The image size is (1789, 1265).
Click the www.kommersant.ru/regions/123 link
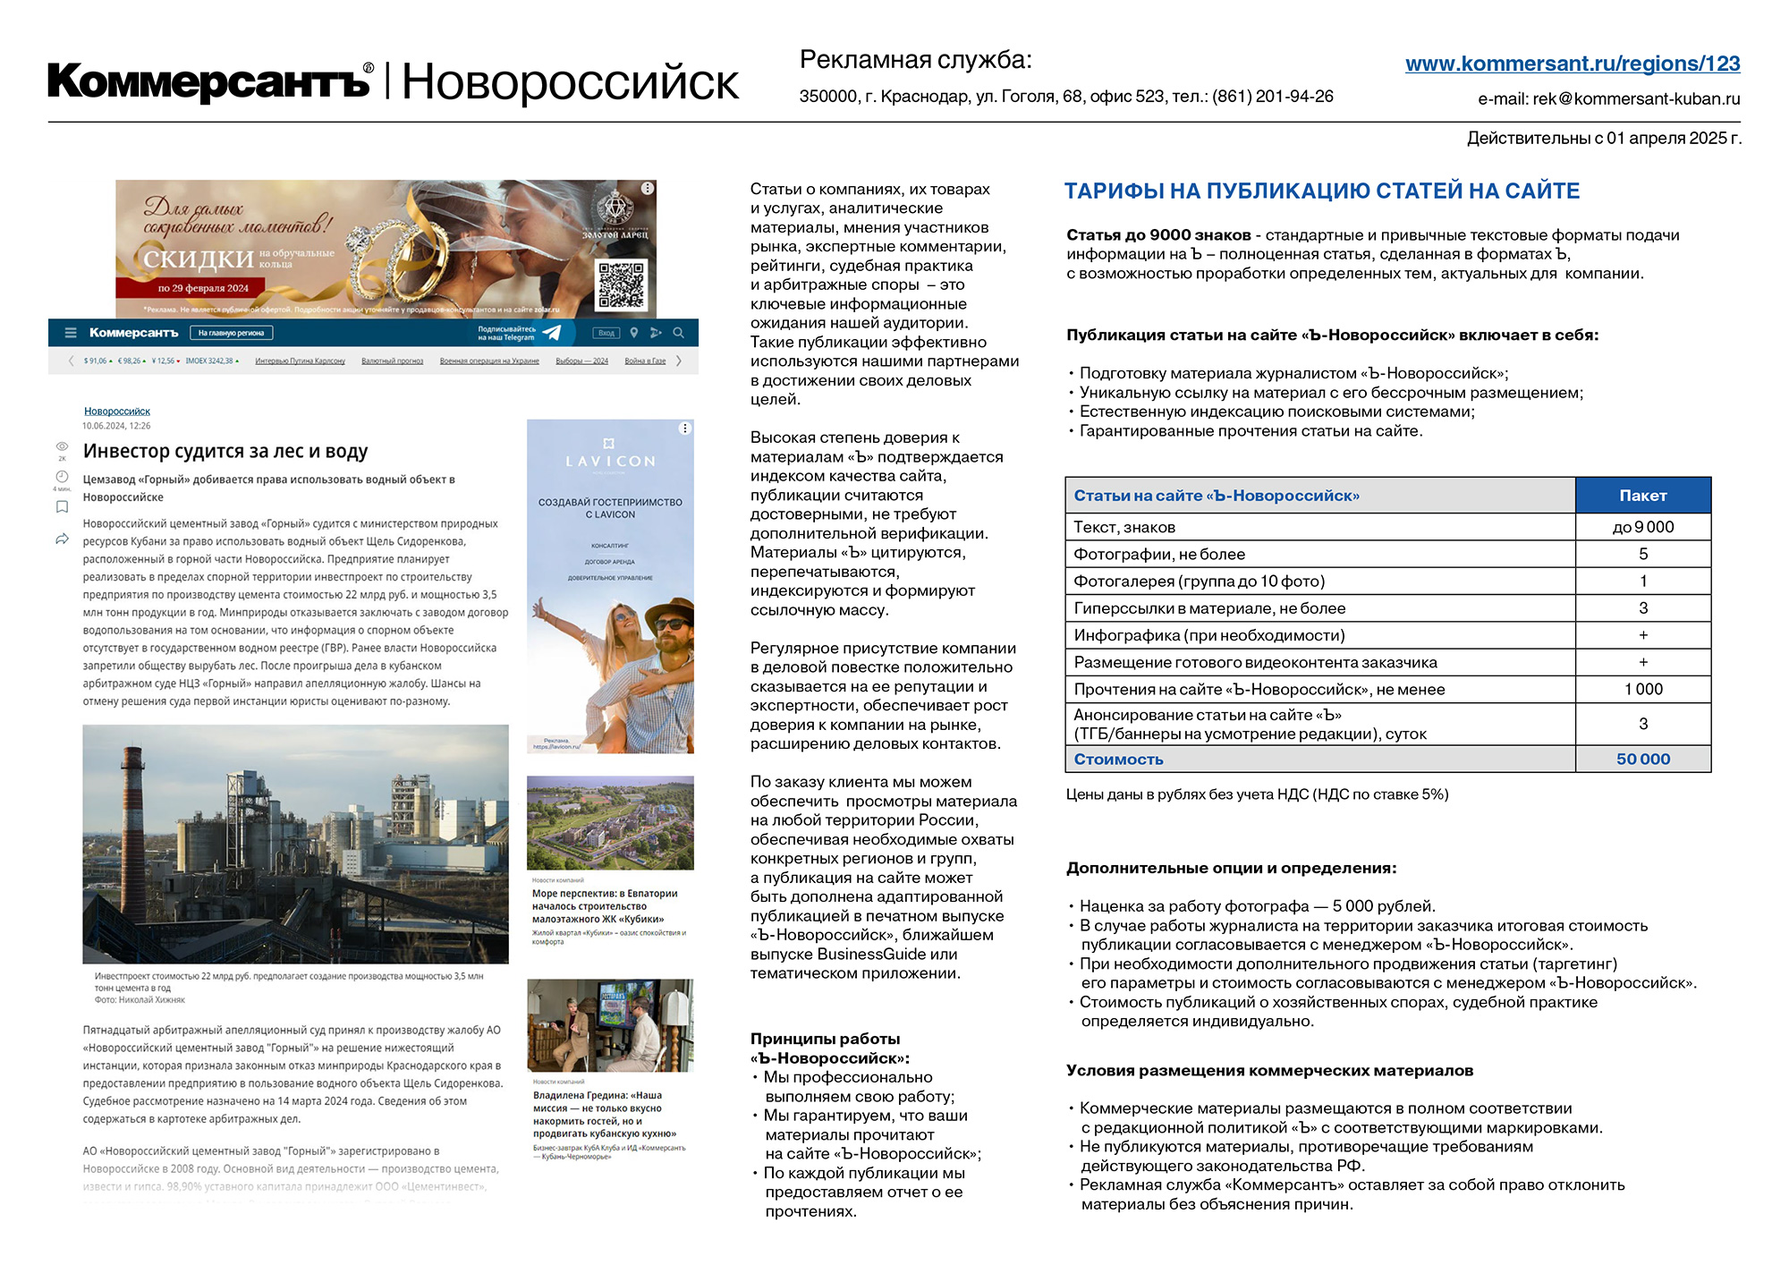pyautogui.click(x=1572, y=64)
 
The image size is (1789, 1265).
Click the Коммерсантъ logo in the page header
pyautogui.click(x=208, y=81)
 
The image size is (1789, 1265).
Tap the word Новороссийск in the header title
pyautogui.click(x=570, y=83)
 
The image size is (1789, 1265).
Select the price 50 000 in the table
pyautogui.click(x=1642, y=760)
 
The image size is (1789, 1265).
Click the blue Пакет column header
pyautogui.click(x=1642, y=496)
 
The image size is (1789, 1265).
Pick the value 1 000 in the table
pyautogui.click(x=1643, y=690)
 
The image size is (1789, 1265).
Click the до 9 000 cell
pyautogui.click(x=1642, y=528)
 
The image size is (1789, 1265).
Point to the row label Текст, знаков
pyautogui.click(x=1124, y=528)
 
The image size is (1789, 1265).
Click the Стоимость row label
pyautogui.click(x=1118, y=760)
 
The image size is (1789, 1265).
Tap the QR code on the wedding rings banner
pyautogui.click(x=621, y=284)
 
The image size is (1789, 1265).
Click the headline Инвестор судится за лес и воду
pyautogui.click(x=225, y=452)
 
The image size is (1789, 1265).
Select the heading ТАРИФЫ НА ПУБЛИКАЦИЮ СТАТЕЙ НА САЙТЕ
pyautogui.click(x=1321, y=191)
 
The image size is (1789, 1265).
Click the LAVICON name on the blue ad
pyautogui.click(x=610, y=462)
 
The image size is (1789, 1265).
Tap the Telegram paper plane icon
pyautogui.click(x=552, y=333)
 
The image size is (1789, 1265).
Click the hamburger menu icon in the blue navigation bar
pyautogui.click(x=71, y=333)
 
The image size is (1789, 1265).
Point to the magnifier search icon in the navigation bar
pyautogui.click(x=679, y=333)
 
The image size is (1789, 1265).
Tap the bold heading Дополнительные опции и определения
pyautogui.click(x=1231, y=869)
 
